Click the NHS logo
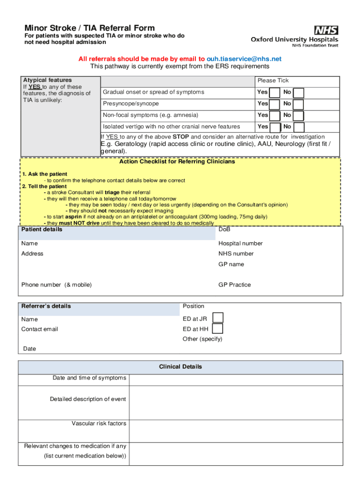point(326,30)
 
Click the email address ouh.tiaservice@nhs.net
point(244,59)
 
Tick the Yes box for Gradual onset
point(275,93)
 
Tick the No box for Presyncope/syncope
point(298,104)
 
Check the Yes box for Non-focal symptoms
point(275,116)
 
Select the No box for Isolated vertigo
point(298,127)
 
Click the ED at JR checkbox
point(217,318)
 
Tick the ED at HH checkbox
point(217,329)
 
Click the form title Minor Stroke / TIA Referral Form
point(90,28)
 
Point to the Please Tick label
point(273,80)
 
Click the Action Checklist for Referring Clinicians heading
point(177,162)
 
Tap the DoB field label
point(224,230)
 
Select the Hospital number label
point(240,243)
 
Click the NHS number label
point(236,254)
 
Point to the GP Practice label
point(235,285)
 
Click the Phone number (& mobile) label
point(57,285)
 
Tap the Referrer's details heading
point(46,306)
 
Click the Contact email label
point(40,329)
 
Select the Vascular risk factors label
point(99,423)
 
